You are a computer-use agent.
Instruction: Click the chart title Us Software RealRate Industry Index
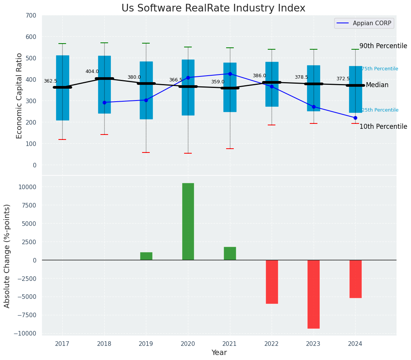(213, 8)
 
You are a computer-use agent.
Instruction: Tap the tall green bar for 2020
(188, 222)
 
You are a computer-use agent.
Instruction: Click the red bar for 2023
(314, 294)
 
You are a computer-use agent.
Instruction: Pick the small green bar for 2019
(146, 256)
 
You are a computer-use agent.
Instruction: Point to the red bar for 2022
(272, 282)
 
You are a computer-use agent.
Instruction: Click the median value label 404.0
(92, 71)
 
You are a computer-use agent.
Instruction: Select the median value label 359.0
(218, 82)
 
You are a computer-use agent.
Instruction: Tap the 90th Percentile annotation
(383, 46)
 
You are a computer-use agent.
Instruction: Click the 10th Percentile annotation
(383, 126)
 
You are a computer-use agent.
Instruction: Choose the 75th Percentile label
(380, 69)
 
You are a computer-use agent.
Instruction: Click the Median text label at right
(377, 85)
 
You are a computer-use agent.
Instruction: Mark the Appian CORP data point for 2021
(230, 74)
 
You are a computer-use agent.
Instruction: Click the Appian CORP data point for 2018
(104, 102)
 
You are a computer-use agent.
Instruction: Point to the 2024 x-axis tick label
(355, 344)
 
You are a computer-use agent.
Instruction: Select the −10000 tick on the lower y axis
(26, 334)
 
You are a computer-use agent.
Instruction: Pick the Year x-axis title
(219, 353)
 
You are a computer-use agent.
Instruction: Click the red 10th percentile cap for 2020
(188, 153)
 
